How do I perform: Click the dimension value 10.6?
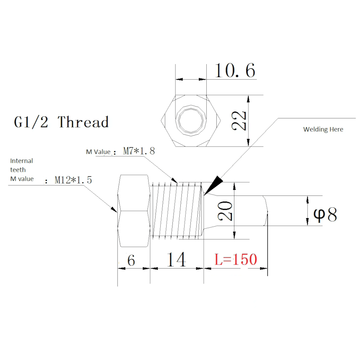[235, 70]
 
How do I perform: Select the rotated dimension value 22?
[239, 121]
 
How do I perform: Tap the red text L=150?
[236, 260]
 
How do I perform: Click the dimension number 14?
[176, 260]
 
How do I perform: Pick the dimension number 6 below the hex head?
[131, 260]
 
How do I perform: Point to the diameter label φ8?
[325, 215]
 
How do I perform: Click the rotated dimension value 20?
[226, 211]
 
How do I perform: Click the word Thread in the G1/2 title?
[83, 122]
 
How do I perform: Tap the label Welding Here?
[323, 129]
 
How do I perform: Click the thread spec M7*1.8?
[139, 151]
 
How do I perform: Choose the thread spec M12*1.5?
[73, 180]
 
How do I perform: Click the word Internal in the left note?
[21, 161]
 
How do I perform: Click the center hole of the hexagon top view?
[191, 121]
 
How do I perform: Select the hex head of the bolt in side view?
[134, 211]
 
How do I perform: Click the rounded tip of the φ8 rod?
[266, 211]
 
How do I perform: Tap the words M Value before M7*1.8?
[98, 152]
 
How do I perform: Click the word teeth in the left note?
[18, 170]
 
